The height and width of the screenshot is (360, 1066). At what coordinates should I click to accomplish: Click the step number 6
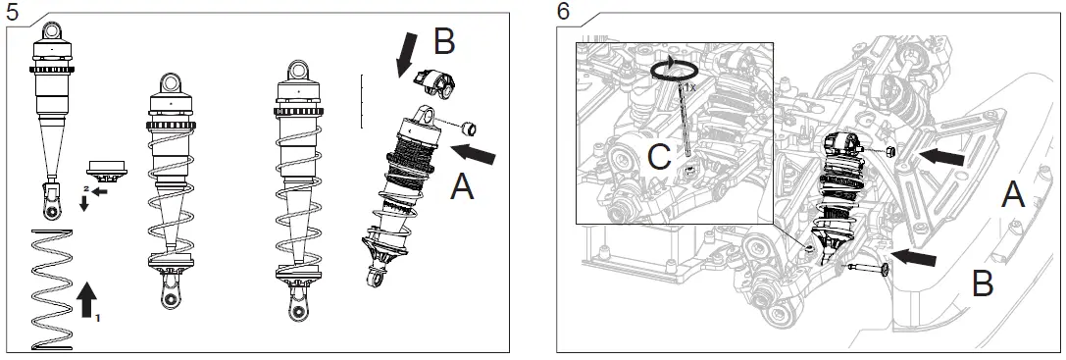[x=564, y=12]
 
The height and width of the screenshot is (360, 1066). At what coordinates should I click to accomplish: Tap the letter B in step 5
[x=444, y=41]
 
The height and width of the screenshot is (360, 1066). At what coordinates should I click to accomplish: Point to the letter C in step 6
[x=659, y=157]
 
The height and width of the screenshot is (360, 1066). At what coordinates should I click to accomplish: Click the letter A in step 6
[x=1013, y=195]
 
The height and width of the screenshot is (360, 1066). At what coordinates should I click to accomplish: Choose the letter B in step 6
[x=983, y=283]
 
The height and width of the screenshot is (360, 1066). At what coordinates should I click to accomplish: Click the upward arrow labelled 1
[x=86, y=300]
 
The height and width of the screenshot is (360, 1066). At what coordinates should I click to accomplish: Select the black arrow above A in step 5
[x=473, y=154]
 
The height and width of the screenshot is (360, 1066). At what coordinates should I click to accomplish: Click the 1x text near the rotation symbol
[x=689, y=87]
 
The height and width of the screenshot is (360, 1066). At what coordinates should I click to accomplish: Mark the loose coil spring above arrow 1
[x=52, y=290]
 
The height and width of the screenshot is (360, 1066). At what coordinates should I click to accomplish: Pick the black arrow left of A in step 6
[x=941, y=157]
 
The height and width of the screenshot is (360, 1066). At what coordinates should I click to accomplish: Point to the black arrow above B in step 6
[x=913, y=258]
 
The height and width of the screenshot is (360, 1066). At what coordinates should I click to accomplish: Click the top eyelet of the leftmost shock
[x=52, y=30]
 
